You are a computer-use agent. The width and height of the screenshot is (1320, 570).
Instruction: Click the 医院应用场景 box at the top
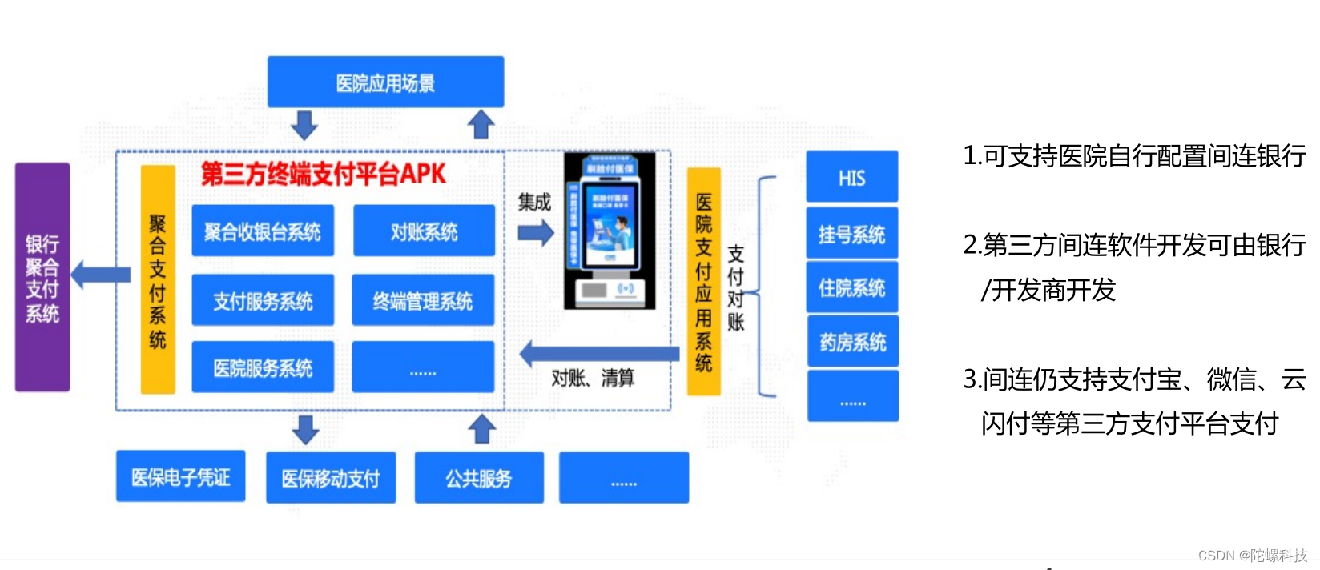[385, 82]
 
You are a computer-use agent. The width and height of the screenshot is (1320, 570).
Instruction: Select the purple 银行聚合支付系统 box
[42, 277]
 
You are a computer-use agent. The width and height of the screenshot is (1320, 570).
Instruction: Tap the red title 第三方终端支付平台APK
[323, 174]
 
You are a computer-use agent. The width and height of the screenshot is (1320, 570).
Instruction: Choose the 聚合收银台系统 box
[263, 231]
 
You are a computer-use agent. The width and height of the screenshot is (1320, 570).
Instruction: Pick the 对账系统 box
[424, 231]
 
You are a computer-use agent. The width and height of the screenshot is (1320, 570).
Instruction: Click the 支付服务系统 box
[263, 300]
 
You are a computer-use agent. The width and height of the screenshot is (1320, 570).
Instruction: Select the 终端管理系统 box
[423, 300]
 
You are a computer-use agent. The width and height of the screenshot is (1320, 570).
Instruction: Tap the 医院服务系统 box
[263, 367]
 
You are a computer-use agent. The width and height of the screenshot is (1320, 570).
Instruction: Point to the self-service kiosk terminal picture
[610, 231]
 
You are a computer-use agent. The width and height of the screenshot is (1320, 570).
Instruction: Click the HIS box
[851, 177]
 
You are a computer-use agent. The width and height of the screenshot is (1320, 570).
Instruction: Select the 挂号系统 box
[851, 234]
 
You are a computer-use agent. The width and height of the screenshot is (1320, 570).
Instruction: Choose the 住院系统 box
[851, 287]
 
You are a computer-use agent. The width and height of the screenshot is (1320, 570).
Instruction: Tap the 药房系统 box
[852, 342]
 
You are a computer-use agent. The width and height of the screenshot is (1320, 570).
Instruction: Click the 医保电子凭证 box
[181, 476]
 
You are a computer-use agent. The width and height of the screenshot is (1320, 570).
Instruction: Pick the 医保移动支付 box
[331, 478]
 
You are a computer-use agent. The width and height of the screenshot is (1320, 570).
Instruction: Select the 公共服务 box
[479, 478]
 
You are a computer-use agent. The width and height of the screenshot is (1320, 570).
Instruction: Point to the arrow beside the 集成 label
[536, 233]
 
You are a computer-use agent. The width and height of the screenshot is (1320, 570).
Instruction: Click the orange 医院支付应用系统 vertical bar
[704, 282]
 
